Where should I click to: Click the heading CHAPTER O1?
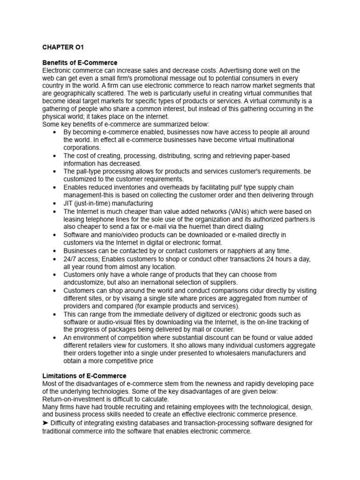click(x=63, y=47)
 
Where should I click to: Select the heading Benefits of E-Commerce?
click(x=80, y=63)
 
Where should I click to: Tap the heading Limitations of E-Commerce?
click(x=84, y=376)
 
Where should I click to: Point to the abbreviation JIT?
click(x=68, y=203)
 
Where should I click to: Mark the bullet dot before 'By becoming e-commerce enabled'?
click(x=55, y=133)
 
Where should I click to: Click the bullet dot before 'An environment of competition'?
click(x=55, y=338)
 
